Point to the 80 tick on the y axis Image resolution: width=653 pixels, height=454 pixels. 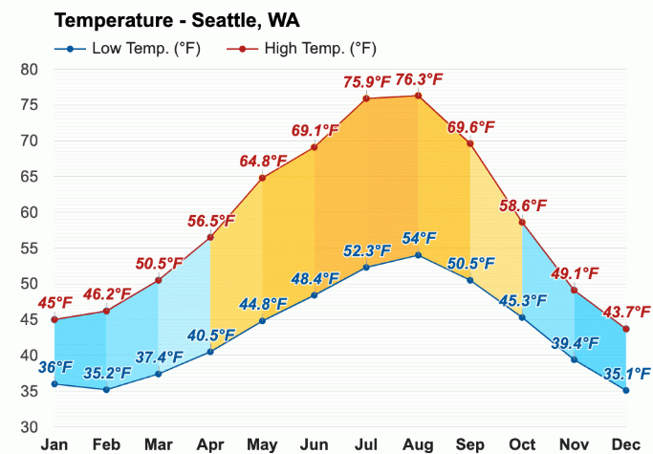click(30, 69)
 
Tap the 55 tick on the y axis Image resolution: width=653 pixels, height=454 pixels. click(30, 248)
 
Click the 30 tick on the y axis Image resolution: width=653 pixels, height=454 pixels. click(30, 426)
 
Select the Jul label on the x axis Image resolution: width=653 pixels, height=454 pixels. click(366, 444)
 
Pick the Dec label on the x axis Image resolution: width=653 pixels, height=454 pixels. click(626, 444)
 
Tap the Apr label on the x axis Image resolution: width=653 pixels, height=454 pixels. click(210, 444)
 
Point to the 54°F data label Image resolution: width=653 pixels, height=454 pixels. click(418, 238)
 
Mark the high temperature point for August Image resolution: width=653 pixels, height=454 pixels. click(418, 96)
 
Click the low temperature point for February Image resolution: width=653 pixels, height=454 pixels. click(106, 389)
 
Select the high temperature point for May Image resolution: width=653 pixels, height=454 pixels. click(262, 178)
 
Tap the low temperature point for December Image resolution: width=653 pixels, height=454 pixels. click(626, 390)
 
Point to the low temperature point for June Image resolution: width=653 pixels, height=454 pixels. click(314, 294)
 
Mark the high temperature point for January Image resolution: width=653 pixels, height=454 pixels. click(54, 319)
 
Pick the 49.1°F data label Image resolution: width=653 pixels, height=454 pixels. click(575, 274)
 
